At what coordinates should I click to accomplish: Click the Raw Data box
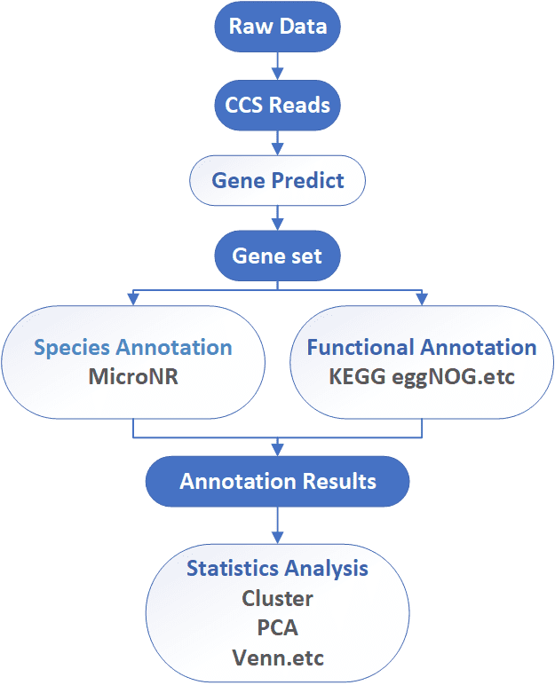[x=277, y=27]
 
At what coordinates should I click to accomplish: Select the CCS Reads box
[x=277, y=106]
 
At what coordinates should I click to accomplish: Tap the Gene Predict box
[x=277, y=180]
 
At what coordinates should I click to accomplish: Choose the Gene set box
[x=277, y=256]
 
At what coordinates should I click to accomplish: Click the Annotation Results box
[x=277, y=482]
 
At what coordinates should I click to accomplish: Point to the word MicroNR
[x=133, y=376]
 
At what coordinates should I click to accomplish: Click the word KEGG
[x=357, y=376]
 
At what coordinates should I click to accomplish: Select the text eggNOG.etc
[x=453, y=377]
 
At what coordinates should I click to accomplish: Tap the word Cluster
[x=277, y=599]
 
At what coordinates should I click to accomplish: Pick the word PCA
[x=277, y=628]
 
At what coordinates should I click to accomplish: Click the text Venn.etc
[x=277, y=657]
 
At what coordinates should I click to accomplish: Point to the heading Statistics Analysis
[x=277, y=569]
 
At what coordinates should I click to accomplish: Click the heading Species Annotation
[x=133, y=348]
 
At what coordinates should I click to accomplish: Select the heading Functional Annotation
[x=422, y=347]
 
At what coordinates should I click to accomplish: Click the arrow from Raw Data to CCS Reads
[x=277, y=66]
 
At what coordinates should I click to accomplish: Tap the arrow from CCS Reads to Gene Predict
[x=277, y=143]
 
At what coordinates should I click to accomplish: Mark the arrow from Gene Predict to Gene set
[x=277, y=218]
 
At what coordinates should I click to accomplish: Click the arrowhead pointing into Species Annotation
[x=133, y=299]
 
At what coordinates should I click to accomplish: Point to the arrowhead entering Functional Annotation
[x=422, y=299]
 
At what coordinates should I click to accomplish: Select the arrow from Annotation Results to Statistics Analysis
[x=277, y=525]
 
